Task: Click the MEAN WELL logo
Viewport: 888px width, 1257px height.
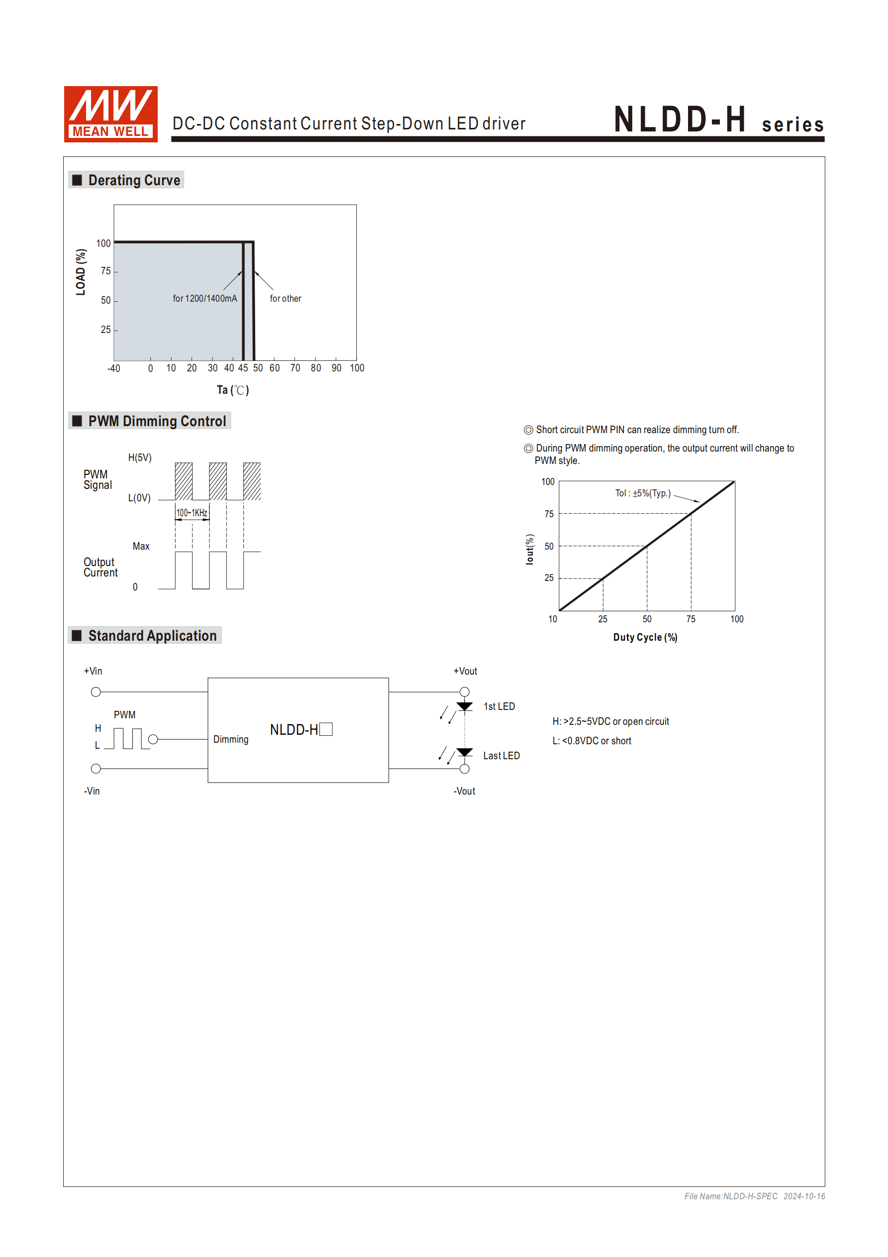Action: [x=110, y=114]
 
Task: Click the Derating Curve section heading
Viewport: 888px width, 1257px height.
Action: [x=133, y=180]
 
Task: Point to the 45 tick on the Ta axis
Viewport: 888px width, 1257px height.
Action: [x=243, y=368]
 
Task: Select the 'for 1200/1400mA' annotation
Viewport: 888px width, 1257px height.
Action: [x=204, y=298]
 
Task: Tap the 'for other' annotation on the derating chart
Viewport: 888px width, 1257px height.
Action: [x=285, y=298]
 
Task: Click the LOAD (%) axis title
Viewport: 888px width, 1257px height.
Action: [x=81, y=272]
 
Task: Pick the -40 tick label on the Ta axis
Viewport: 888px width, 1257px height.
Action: [x=113, y=368]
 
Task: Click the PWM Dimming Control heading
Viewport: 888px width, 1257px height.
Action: [x=157, y=421]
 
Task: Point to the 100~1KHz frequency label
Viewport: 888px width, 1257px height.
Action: [x=192, y=513]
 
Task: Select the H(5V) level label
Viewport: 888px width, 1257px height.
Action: [x=139, y=457]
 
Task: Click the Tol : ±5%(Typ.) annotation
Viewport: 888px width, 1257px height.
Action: [x=642, y=493]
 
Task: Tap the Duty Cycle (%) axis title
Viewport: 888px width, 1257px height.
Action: [x=645, y=637]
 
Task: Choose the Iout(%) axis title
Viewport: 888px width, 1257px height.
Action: [x=529, y=549]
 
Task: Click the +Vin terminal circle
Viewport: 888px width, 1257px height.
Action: [x=96, y=692]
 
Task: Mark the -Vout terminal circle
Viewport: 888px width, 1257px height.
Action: [x=465, y=769]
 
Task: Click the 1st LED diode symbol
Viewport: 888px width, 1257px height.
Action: [x=465, y=707]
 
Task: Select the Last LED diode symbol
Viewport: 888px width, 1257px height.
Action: [x=465, y=753]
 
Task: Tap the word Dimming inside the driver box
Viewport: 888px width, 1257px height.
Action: [x=230, y=740]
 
